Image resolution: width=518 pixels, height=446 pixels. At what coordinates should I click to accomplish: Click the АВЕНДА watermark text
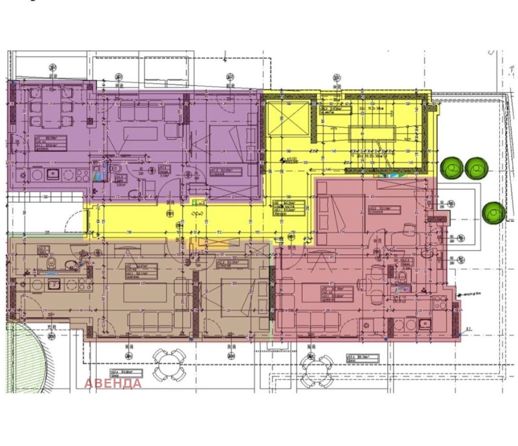pos(113,383)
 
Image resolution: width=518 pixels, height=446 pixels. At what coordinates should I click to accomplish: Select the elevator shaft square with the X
pos(288,119)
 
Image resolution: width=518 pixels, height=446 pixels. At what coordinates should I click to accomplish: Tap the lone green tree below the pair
pos(494,211)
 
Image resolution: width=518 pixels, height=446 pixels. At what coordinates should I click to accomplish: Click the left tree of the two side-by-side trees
pos(452,168)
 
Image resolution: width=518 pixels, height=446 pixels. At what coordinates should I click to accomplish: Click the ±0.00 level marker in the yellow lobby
pos(291,157)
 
